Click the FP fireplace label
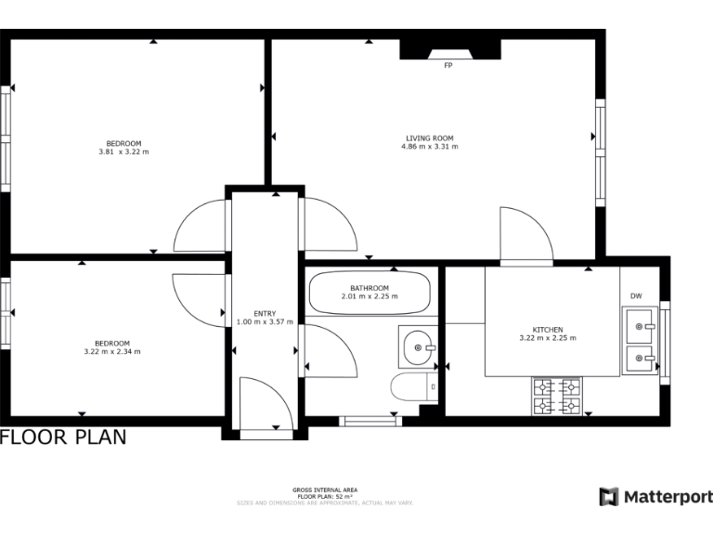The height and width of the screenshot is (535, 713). point(448,66)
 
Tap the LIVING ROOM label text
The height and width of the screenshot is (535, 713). point(429,137)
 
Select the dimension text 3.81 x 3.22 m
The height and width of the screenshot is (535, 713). point(123,151)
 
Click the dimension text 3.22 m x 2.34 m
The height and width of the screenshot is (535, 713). point(111,352)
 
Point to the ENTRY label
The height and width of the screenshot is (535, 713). point(265,313)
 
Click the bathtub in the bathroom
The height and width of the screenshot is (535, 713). point(369,293)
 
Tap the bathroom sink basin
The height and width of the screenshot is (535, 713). point(419,347)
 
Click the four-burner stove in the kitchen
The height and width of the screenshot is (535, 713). point(557,396)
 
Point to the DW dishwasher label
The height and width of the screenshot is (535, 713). point(636,296)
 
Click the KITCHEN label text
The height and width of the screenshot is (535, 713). point(547,330)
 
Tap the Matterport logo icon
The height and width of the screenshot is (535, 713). point(608,497)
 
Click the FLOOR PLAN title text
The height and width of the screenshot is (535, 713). point(63,437)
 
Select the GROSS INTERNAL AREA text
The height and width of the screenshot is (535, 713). point(325,489)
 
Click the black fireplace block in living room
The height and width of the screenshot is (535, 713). point(450,48)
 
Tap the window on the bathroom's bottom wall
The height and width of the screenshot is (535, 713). point(369,421)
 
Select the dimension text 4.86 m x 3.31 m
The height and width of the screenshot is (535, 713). point(429,147)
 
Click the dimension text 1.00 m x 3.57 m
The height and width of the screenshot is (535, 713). point(265,321)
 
